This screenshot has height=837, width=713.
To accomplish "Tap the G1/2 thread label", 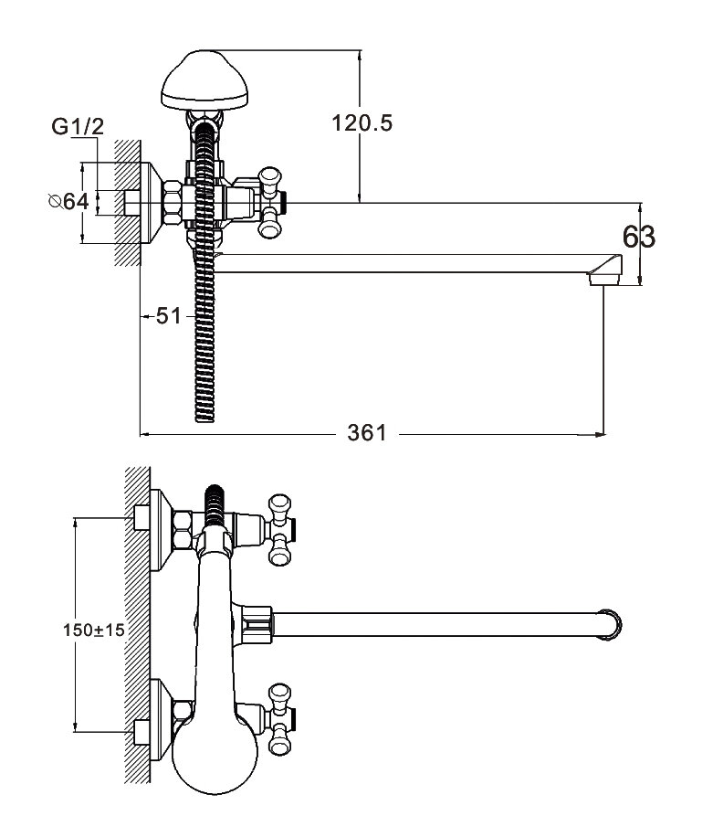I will pos(78,129).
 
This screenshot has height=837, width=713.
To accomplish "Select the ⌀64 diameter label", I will pos(68,201).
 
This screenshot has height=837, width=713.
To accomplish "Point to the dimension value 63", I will pos(639,238).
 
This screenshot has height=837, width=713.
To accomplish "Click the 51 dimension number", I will pos(167,316).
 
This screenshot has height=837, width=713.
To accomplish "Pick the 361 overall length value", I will pos(366,432).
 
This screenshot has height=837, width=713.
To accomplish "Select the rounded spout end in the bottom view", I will pos(613,625).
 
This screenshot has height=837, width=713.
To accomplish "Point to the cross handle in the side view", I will pos(270,200).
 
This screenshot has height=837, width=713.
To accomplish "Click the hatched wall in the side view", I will pos(127,201).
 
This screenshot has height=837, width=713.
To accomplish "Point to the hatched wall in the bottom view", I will pos(136,630).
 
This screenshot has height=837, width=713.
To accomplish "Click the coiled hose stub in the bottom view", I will pos(216,502).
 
